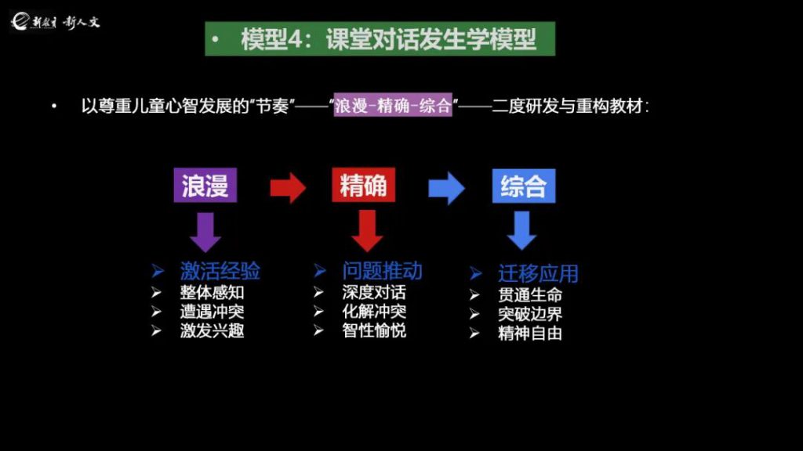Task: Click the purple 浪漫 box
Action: pyautogui.click(x=205, y=186)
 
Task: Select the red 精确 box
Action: pyautogui.click(x=363, y=186)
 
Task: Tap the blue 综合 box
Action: pyautogui.click(x=523, y=186)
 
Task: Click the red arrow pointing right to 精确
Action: pyautogui.click(x=287, y=187)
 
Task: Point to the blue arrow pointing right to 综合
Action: pyautogui.click(x=446, y=188)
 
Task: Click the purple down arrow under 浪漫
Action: pyautogui.click(x=205, y=233)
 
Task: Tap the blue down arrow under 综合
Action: pyautogui.click(x=522, y=231)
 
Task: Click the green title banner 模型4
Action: pyautogui.click(x=380, y=39)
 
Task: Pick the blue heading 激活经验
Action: pyautogui.click(x=220, y=271)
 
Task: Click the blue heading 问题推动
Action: pyautogui.click(x=382, y=271)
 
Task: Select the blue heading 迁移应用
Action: pyautogui.click(x=538, y=274)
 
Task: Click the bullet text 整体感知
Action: pyautogui.click(x=212, y=293)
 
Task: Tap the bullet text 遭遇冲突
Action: pyautogui.click(x=212, y=312)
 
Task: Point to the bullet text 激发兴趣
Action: pyautogui.click(x=212, y=330)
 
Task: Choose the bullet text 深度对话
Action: pyautogui.click(x=374, y=293)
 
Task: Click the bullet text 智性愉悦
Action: pyautogui.click(x=374, y=330)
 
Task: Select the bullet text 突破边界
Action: pyautogui.click(x=530, y=314)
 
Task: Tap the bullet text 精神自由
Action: pyautogui.click(x=530, y=333)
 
